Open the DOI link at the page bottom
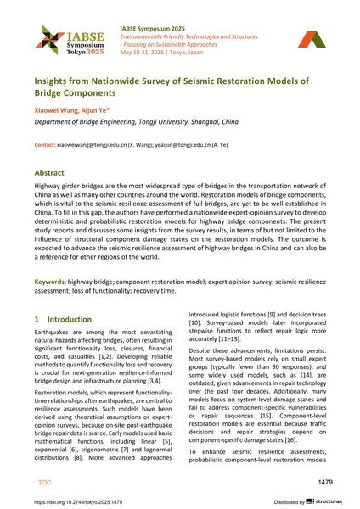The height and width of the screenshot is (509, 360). [x=87, y=501]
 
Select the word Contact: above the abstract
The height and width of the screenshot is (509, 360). [x=46, y=145]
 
